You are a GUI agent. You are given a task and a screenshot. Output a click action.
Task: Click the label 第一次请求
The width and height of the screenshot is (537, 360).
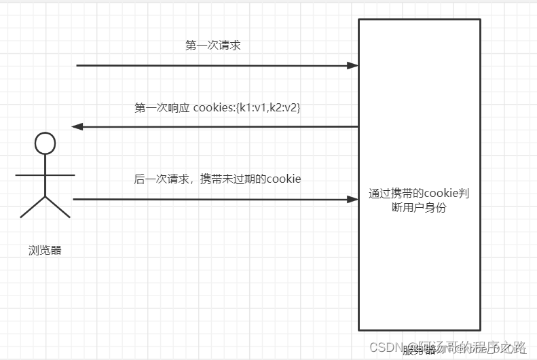212,46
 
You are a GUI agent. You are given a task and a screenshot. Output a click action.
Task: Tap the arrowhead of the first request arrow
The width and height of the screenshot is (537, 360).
353,66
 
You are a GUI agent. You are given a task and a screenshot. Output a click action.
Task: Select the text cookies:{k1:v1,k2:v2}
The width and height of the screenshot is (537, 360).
246,107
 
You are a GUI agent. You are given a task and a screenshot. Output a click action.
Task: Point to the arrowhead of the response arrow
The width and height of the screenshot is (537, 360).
77,126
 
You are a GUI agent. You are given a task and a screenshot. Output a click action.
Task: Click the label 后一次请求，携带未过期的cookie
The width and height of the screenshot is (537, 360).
217,179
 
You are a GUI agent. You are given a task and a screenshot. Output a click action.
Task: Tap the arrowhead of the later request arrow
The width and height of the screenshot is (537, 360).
353,200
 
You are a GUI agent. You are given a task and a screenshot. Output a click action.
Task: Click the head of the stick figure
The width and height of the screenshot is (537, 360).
45,143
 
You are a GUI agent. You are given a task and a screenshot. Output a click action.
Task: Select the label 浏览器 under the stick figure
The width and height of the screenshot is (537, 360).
45,250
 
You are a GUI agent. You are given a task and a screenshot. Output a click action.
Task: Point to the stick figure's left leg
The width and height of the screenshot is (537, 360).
33,207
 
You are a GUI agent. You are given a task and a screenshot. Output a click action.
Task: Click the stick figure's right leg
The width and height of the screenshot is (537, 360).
58,207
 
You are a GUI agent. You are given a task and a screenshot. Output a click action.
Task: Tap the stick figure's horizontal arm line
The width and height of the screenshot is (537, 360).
45,175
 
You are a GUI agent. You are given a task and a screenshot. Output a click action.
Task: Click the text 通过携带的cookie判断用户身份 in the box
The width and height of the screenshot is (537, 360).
419,200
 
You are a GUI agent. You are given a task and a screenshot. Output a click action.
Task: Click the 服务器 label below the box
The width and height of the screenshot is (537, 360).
419,350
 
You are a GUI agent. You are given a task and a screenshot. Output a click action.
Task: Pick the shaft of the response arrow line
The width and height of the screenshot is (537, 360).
217,126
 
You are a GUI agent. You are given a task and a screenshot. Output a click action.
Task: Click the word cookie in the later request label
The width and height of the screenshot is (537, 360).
284,179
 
